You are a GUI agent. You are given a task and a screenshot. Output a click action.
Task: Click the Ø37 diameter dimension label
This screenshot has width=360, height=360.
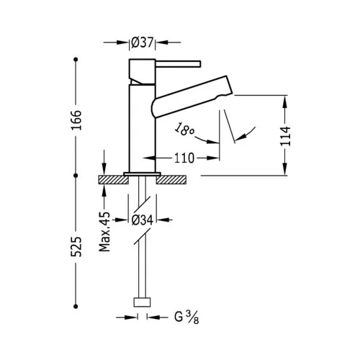(x=142, y=42)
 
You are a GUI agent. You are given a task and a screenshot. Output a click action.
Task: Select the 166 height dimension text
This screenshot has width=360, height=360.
(x=76, y=120)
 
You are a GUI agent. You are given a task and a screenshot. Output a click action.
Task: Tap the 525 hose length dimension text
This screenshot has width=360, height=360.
(x=76, y=247)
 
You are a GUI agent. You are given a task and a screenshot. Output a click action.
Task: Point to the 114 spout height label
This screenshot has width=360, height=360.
(x=285, y=136)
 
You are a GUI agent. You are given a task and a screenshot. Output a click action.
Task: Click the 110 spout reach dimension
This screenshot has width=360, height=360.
(x=184, y=158)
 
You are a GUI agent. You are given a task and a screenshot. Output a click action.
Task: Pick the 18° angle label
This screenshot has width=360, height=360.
(x=184, y=129)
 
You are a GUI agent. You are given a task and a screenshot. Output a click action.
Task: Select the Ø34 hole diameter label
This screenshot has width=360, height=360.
(x=143, y=220)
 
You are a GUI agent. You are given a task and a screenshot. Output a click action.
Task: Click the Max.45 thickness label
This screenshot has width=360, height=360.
(x=105, y=232)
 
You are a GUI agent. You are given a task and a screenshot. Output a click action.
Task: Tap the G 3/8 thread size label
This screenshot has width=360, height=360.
(x=186, y=318)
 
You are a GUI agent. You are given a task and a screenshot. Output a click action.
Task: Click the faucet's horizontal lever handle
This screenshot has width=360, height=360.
(x=178, y=64)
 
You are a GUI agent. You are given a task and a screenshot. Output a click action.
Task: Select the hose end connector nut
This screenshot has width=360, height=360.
(x=142, y=302)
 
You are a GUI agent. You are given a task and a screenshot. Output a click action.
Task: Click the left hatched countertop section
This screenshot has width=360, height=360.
(x=114, y=180)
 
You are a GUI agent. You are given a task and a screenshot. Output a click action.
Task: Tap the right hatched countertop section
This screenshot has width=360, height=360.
(x=171, y=180)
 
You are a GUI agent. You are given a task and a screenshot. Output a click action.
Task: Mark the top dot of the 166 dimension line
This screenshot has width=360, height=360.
(x=76, y=59)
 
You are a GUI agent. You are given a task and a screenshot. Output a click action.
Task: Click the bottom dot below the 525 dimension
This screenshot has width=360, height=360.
(x=76, y=307)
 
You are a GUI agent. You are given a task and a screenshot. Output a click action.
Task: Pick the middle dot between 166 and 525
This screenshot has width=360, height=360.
(x=76, y=176)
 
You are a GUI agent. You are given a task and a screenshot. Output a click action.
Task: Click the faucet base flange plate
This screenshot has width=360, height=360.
(x=142, y=174)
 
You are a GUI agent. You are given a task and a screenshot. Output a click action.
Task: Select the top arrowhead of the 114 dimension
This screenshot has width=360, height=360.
(x=285, y=102)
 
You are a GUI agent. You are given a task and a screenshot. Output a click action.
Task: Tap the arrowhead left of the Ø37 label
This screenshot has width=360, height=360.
(x=122, y=42)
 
